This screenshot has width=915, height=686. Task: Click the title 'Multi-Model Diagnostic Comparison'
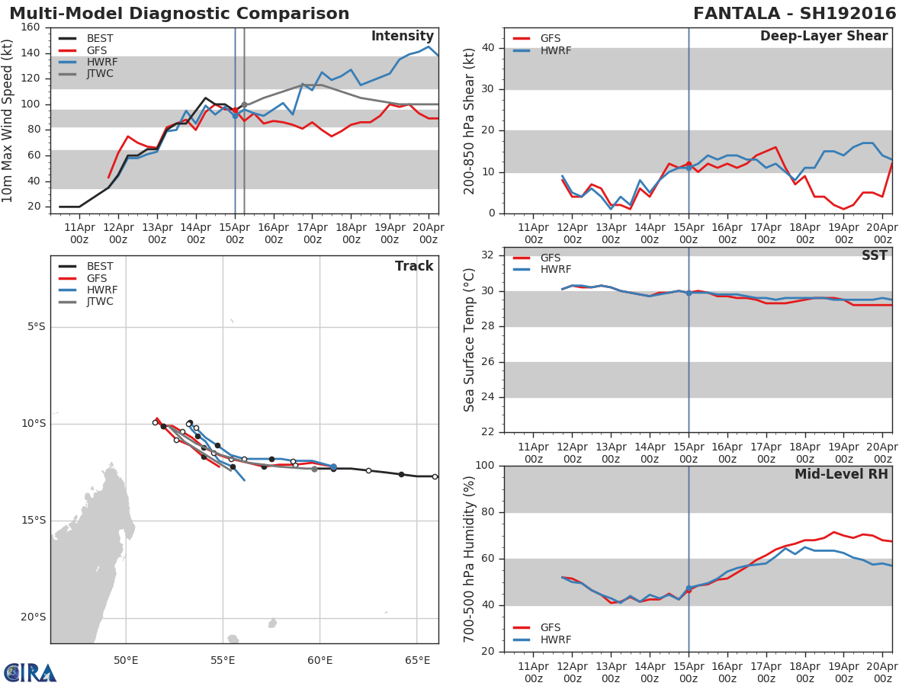179,14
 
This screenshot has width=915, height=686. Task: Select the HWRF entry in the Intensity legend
101,62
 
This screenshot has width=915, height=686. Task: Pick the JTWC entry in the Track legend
101,302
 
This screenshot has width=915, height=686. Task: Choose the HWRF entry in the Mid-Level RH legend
555,640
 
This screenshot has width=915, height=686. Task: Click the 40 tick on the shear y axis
490,48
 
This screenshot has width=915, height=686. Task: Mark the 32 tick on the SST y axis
490,255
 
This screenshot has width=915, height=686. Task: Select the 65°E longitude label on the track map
417,660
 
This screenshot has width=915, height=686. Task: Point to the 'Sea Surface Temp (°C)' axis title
470,340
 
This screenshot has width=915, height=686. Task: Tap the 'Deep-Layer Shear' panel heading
823,37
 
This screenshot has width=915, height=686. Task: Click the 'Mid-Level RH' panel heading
841,474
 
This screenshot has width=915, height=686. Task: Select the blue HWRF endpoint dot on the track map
333,466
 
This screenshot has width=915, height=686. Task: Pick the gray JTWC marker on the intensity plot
244,105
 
